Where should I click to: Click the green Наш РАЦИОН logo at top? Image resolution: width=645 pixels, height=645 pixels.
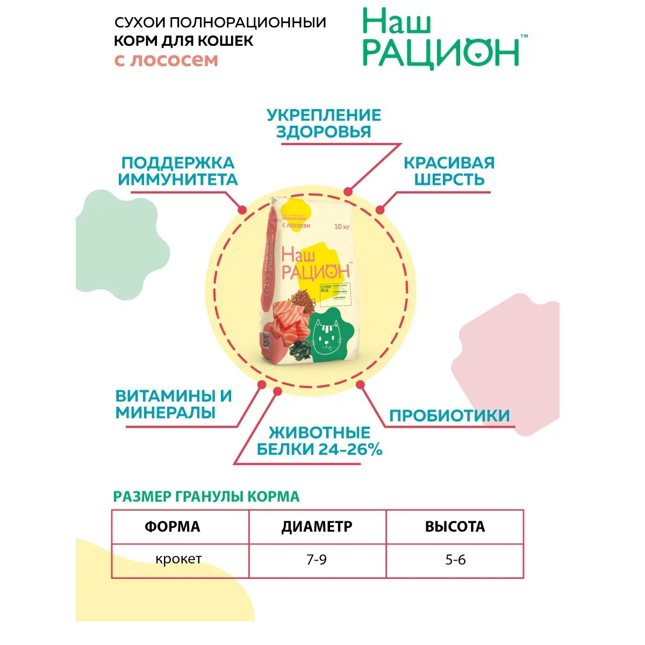pos(441,39)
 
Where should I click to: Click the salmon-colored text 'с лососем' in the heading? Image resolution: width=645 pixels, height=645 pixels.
pos(167,60)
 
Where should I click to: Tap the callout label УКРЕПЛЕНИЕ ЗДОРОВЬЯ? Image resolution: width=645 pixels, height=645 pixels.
pos(324,123)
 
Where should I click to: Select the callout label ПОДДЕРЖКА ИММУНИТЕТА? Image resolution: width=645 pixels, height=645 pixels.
pos(178,171)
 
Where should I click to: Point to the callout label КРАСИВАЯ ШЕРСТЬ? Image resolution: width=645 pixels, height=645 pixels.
pos(449,171)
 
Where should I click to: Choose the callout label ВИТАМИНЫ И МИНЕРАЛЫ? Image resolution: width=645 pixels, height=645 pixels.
pos(174,404)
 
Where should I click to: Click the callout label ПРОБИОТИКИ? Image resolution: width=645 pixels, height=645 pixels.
pos(449,415)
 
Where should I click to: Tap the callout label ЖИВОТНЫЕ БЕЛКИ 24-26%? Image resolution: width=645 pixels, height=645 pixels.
pos(319,441)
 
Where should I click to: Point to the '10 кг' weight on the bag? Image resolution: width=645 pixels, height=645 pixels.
pos(342,226)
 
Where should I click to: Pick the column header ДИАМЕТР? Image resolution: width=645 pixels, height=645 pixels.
pos(317,527)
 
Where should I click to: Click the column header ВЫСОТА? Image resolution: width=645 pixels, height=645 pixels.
pos(455,527)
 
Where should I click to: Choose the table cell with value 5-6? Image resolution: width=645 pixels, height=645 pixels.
pos(455,560)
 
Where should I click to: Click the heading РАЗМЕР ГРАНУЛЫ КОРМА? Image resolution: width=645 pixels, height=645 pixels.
pos(206,496)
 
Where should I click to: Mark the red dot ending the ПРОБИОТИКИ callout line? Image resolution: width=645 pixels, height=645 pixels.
pos(360,385)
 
